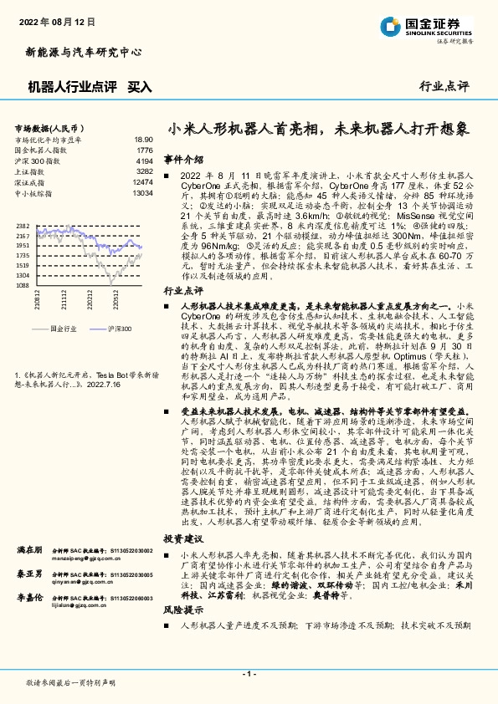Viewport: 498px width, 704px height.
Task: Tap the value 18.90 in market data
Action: [144, 140]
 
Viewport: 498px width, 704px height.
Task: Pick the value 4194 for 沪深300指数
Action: [144, 161]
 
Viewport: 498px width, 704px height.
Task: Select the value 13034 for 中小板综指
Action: [142, 191]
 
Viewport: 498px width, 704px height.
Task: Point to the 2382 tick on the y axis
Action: [23, 227]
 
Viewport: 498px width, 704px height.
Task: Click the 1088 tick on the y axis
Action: [23, 285]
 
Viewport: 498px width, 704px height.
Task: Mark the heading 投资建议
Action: [182, 539]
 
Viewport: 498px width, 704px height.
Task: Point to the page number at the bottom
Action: [249, 673]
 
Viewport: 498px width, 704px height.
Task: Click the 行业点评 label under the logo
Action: [444, 85]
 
